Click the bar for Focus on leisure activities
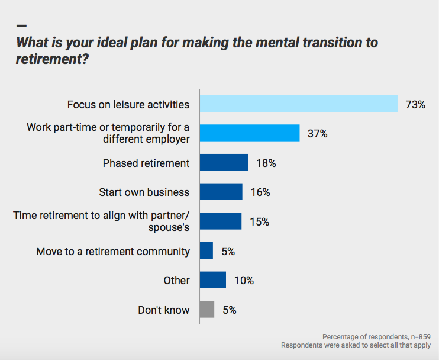pyautogui.click(x=298, y=104)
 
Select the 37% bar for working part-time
pyautogui.click(x=249, y=133)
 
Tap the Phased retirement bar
pyautogui.click(x=224, y=162)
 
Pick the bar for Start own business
pyautogui.click(x=221, y=191)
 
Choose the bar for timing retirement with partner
pyautogui.click(x=220, y=221)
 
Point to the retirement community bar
pyautogui.click(x=206, y=250)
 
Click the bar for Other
pyautogui.click(x=213, y=280)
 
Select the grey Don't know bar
pyautogui.click(x=206, y=310)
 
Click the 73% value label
pyautogui.click(x=415, y=104)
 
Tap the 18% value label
pyautogui.click(x=266, y=163)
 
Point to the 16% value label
pyautogui.click(x=260, y=192)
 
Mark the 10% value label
pyautogui.click(x=244, y=281)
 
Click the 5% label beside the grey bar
pyautogui.click(x=228, y=310)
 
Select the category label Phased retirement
pyautogui.click(x=146, y=163)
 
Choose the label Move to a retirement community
pyautogui.click(x=113, y=251)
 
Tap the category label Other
pyautogui.click(x=176, y=281)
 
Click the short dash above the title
pyautogui.click(x=22, y=26)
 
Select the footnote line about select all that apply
pyautogui.click(x=356, y=345)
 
